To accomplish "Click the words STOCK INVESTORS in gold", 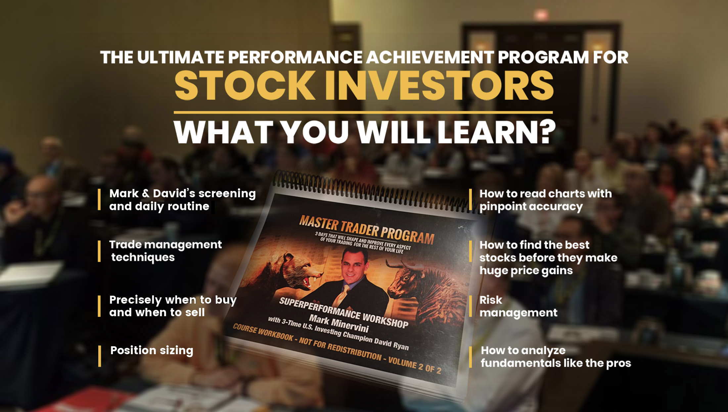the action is coord(364,85).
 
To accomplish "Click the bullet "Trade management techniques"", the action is coord(165,251).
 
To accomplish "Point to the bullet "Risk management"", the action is coord(519,306).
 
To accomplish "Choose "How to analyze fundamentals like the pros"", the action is coord(556,357).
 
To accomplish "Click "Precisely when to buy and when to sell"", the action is coord(173,306).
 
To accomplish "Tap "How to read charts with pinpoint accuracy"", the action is coord(546,200).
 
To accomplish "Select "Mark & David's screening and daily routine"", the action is coord(183,200).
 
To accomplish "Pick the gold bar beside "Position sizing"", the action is coord(99,356).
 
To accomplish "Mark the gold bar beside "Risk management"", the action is coord(470,306).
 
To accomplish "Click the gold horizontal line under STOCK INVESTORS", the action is coord(363,113).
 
